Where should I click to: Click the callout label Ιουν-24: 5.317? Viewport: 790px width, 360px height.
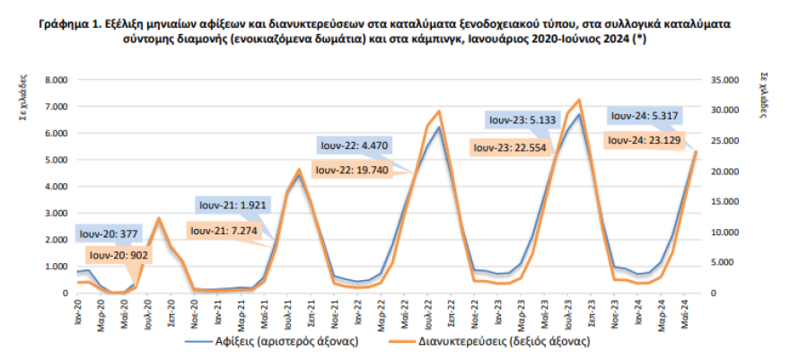[647, 116]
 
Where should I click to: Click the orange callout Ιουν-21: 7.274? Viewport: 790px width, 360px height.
[228, 231]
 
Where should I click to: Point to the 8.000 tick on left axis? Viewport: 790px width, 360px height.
[56, 80]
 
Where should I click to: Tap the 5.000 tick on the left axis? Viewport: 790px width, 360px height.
[56, 160]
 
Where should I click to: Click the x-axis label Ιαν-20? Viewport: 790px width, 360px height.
[78, 312]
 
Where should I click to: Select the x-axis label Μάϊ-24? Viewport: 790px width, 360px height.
[684, 312]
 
